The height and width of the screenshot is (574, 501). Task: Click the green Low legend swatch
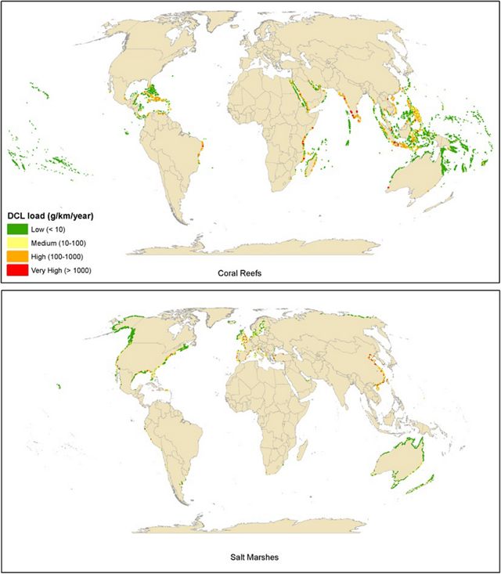(x=17, y=228)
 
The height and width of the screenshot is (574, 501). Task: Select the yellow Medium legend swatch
(x=17, y=242)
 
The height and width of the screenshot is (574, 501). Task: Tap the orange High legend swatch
(x=17, y=256)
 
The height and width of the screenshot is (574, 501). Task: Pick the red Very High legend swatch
(x=17, y=269)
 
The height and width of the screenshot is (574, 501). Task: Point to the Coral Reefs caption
(x=250, y=274)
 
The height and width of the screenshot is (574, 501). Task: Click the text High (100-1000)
(x=59, y=256)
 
